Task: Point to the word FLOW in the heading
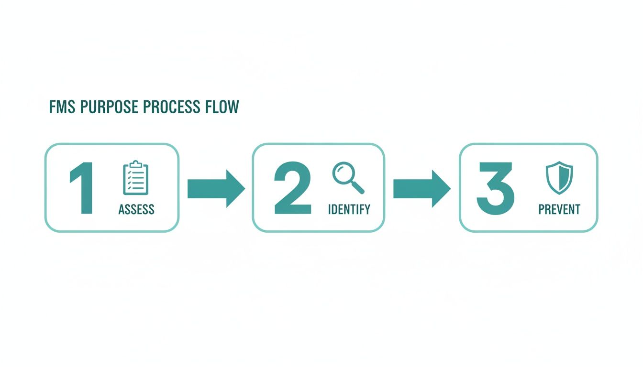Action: point(222,108)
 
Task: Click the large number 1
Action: point(81,189)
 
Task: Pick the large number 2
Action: point(292,189)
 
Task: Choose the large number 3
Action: point(496,189)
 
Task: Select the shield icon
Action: point(559,177)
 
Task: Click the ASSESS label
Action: point(136,209)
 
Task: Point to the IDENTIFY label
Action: point(349,209)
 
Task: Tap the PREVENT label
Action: point(559,209)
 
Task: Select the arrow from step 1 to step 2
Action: point(216,188)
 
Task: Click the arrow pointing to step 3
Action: point(421,188)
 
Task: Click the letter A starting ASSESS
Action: point(122,209)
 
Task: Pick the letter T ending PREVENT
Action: point(577,209)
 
